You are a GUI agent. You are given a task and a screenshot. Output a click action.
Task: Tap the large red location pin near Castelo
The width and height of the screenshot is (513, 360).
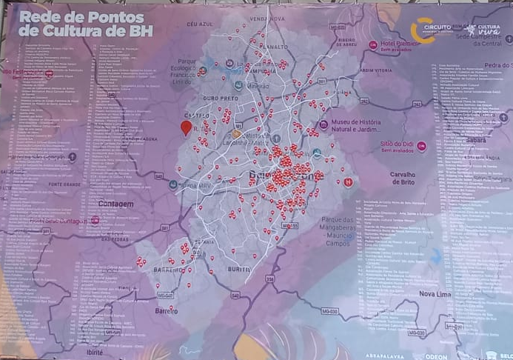click(186, 128)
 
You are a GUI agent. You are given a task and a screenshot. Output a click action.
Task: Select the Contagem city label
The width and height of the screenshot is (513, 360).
click(115, 204)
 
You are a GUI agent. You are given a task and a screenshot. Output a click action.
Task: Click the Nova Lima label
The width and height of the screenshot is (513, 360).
click(435, 294)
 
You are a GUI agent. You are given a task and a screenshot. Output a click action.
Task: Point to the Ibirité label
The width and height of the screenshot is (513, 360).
click(95, 353)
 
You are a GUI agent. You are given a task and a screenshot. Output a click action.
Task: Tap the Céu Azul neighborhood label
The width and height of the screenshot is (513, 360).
click(200, 24)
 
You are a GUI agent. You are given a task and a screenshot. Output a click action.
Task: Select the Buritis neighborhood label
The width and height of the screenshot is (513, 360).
click(240, 269)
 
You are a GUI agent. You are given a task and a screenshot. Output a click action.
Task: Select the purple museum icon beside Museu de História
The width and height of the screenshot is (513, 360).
click(323, 124)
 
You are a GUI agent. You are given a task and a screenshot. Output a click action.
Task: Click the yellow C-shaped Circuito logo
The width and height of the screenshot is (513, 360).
click(423, 30)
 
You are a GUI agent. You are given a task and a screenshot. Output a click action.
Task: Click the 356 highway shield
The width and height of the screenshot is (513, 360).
click(271, 279)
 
